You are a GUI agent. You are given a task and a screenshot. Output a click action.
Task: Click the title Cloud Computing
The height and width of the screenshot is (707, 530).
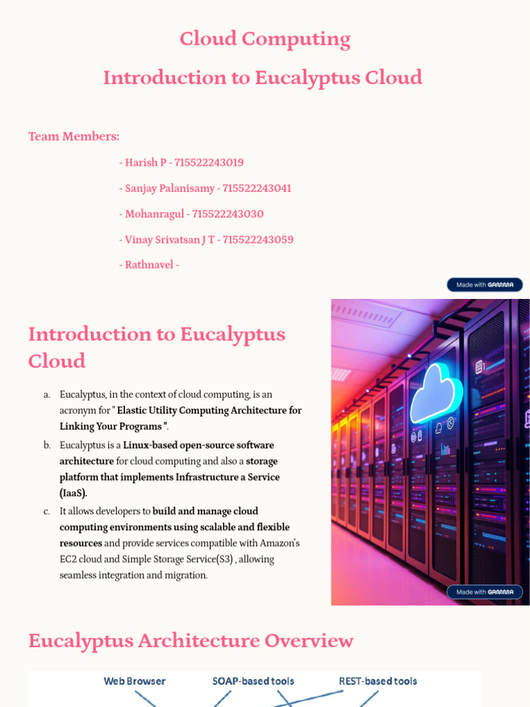click(265, 39)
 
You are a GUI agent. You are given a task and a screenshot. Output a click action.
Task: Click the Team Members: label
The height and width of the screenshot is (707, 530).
click(74, 136)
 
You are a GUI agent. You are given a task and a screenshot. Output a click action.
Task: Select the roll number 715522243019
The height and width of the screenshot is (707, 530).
click(209, 163)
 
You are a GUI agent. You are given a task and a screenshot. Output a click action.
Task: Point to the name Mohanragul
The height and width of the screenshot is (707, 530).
click(155, 214)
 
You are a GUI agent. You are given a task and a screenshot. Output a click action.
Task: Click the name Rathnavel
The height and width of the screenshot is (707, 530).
click(149, 264)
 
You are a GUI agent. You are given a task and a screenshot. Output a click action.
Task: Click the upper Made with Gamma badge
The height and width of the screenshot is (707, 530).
click(484, 284)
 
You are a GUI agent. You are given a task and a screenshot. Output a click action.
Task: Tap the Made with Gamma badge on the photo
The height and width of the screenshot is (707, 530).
click(484, 592)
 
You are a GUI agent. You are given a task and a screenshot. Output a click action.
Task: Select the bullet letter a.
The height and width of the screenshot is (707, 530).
click(47, 395)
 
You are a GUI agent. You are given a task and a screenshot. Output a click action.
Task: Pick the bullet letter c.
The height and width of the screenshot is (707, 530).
click(47, 512)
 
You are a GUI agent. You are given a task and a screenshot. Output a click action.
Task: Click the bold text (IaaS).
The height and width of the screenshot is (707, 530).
click(73, 493)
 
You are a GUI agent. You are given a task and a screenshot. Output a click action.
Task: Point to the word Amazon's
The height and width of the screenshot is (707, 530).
click(279, 543)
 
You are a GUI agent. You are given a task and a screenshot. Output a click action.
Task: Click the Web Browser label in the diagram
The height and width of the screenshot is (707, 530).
click(135, 681)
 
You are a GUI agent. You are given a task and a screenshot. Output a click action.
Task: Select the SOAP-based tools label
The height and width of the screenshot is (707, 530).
click(253, 681)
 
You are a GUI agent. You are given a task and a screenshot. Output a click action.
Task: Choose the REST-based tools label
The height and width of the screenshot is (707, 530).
click(378, 681)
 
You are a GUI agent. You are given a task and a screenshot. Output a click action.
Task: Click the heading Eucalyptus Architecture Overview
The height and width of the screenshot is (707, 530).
click(190, 641)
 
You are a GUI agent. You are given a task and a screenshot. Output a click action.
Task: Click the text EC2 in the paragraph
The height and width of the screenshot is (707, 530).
click(70, 559)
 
